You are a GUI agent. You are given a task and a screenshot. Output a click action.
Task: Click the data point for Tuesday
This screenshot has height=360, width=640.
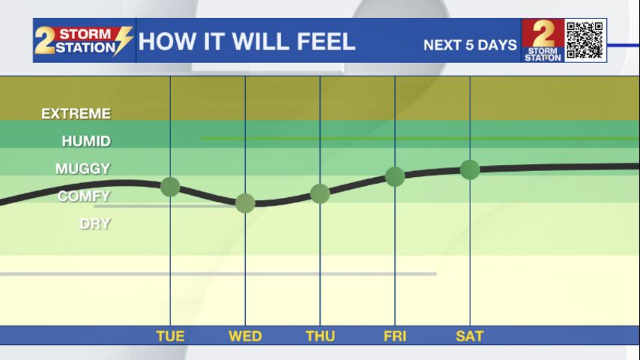(x=170, y=187)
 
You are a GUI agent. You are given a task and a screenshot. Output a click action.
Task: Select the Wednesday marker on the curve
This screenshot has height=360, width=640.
(x=245, y=203)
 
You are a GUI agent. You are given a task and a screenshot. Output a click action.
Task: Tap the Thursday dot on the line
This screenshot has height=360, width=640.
(x=320, y=193)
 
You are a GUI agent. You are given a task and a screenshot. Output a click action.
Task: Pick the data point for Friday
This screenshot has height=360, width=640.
(x=395, y=176)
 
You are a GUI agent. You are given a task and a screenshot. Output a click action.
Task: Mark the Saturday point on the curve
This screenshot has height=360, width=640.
(x=470, y=169)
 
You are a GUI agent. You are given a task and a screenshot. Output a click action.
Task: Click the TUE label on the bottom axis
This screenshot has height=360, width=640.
(x=170, y=336)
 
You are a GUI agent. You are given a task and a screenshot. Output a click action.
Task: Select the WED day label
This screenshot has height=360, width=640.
(x=245, y=336)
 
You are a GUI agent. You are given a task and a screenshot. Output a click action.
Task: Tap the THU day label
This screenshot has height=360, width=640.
(x=321, y=336)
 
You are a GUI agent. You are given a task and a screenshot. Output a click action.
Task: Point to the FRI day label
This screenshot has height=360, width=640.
(x=395, y=336)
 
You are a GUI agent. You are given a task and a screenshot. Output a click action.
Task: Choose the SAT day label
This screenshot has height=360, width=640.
(x=470, y=336)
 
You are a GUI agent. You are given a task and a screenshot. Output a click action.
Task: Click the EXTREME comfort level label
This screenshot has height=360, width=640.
(x=76, y=113)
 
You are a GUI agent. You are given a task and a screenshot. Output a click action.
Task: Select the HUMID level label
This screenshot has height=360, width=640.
(x=86, y=142)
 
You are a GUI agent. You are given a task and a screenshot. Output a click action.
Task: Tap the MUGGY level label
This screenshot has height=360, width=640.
(x=83, y=169)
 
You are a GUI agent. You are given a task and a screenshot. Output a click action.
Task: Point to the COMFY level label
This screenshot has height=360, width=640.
(x=84, y=196)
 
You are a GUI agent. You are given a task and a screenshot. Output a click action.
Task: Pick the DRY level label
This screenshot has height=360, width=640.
(x=95, y=224)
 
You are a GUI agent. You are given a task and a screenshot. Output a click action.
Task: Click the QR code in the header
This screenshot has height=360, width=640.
(x=585, y=40)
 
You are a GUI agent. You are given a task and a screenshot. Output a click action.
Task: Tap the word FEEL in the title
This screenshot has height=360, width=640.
(x=326, y=42)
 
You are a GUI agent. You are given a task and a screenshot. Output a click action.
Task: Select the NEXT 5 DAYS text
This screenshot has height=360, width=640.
(x=470, y=45)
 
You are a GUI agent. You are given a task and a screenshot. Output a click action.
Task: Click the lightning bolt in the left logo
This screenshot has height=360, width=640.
(x=123, y=40)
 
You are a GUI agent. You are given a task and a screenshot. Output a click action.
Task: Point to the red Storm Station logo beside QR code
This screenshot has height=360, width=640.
(x=543, y=40)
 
